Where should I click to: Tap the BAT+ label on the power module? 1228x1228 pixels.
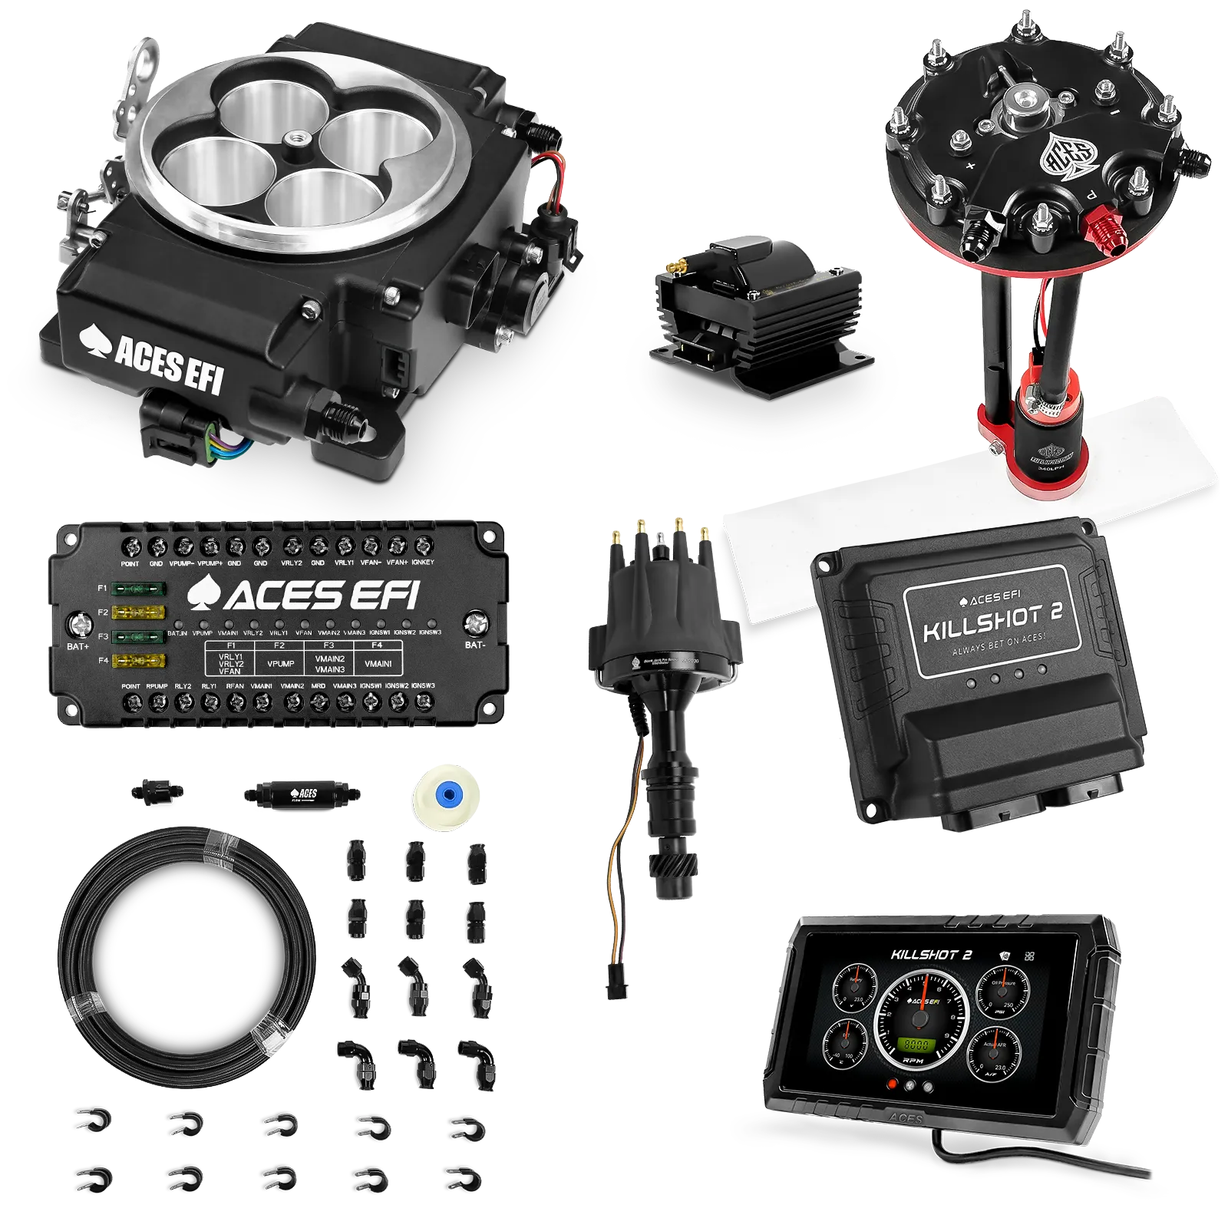(x=78, y=647)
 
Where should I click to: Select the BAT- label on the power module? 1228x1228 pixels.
(x=475, y=645)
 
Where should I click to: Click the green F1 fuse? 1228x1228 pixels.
(x=138, y=589)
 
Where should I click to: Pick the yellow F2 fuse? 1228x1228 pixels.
(x=138, y=612)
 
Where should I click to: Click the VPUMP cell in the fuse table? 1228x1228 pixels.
(x=280, y=664)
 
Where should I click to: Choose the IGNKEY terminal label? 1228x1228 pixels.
(x=422, y=562)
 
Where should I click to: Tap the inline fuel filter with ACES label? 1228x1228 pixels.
(x=301, y=794)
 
